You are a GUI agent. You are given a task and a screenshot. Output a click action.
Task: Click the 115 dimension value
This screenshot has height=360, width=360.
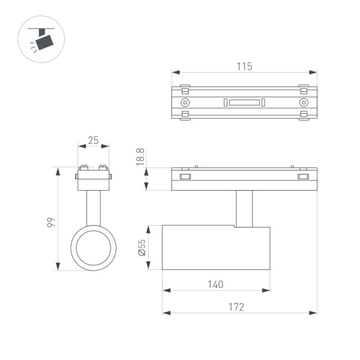pyautogui.click(x=244, y=66)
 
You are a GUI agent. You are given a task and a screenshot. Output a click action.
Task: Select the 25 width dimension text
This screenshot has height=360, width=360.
pyautogui.click(x=93, y=140)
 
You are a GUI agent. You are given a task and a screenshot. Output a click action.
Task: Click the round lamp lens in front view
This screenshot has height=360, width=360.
pyautogui.click(x=93, y=248)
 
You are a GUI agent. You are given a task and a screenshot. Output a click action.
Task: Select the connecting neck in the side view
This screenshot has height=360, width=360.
pyautogui.click(x=244, y=208)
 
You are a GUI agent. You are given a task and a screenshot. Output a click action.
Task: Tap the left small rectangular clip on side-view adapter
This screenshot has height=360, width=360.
pyautogui.click(x=185, y=176)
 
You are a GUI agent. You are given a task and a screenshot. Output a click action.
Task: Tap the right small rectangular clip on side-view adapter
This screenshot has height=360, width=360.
pyautogui.click(x=303, y=176)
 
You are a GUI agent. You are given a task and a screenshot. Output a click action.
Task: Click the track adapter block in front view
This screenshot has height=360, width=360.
pyautogui.click(x=93, y=180)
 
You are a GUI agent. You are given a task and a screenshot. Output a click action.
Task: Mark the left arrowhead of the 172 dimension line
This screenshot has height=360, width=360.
pyautogui.click(x=166, y=313)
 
